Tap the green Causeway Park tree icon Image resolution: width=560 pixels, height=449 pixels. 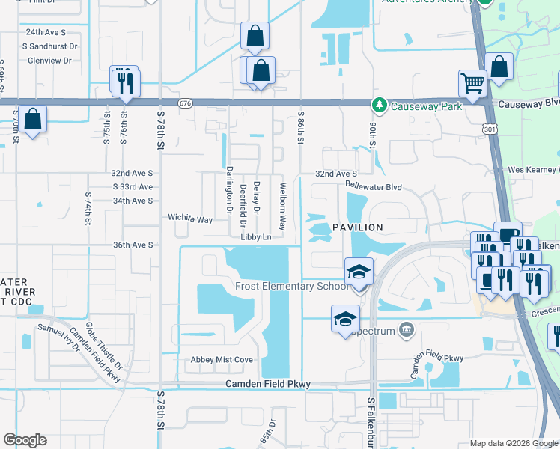click(380, 104)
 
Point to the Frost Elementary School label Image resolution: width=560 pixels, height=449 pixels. click(291, 286)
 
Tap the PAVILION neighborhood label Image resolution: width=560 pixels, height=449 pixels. click(358, 227)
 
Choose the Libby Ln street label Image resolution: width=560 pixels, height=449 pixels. click(255, 237)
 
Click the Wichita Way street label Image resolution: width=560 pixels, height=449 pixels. click(190, 219)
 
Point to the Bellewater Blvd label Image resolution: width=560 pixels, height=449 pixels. click(374, 185)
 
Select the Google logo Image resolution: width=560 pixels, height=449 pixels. click(25, 440)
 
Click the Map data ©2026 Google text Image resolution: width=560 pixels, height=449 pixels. click(514, 443)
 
